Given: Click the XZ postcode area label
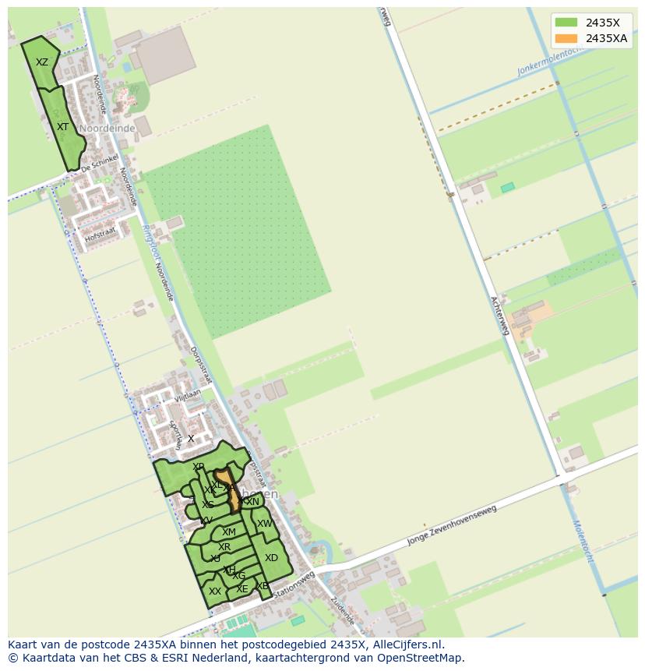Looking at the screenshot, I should pyautogui.click(x=42, y=62).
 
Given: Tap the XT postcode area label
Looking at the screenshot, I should pyautogui.click(x=63, y=126).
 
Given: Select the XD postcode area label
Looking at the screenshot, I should pyautogui.click(x=271, y=558).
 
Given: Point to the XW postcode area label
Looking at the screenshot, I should pyautogui.click(x=265, y=524).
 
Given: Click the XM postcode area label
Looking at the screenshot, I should pyautogui.click(x=228, y=532).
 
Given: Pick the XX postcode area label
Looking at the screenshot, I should pyautogui.click(x=215, y=592).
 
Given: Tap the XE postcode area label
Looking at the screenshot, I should pyautogui.click(x=242, y=589).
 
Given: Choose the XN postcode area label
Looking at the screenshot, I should pyautogui.click(x=252, y=502).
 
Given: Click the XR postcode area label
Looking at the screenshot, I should pyautogui.click(x=224, y=547).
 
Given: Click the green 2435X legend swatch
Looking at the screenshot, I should pyautogui.click(x=566, y=23).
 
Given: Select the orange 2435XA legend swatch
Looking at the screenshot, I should pyautogui.click(x=566, y=38).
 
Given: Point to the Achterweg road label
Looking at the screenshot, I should pyautogui.click(x=499, y=316).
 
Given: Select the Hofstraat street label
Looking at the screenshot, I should pyautogui.click(x=100, y=232).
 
